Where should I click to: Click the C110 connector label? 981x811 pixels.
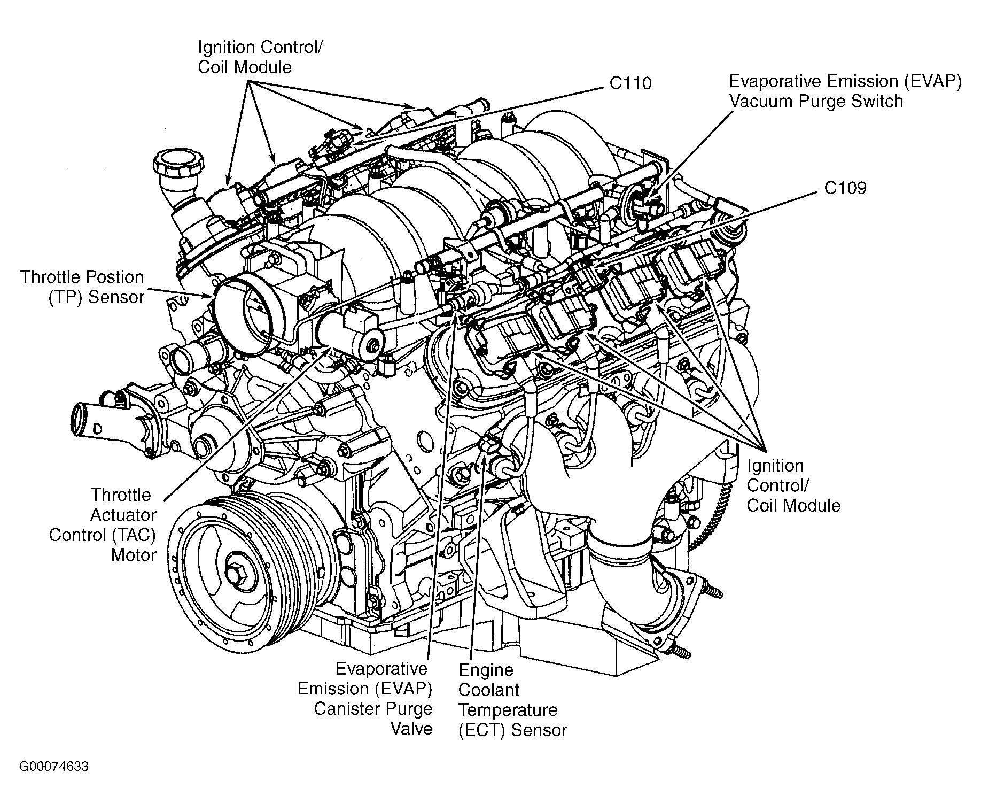630,83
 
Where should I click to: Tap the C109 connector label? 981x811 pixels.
845,188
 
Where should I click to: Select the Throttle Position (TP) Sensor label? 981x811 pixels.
82,287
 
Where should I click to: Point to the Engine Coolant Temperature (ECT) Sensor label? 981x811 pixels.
512,700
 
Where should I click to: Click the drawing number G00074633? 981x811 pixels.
54,767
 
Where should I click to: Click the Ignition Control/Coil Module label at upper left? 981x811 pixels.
260,57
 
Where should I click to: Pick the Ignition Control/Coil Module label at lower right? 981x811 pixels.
793,485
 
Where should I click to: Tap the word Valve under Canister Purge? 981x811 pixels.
411,729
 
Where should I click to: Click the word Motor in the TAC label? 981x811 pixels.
134,555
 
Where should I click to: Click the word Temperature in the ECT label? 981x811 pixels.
508,710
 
